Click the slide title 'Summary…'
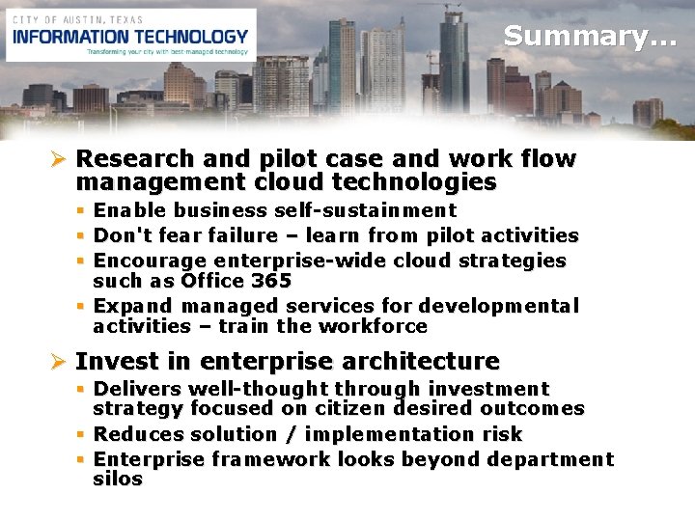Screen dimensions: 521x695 (590, 37)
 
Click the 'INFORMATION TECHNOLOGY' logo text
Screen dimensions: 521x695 (130, 37)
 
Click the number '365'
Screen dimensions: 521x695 (271, 281)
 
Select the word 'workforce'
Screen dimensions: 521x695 (380, 326)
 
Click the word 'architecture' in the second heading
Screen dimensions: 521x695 (423, 362)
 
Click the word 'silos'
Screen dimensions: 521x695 (117, 479)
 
